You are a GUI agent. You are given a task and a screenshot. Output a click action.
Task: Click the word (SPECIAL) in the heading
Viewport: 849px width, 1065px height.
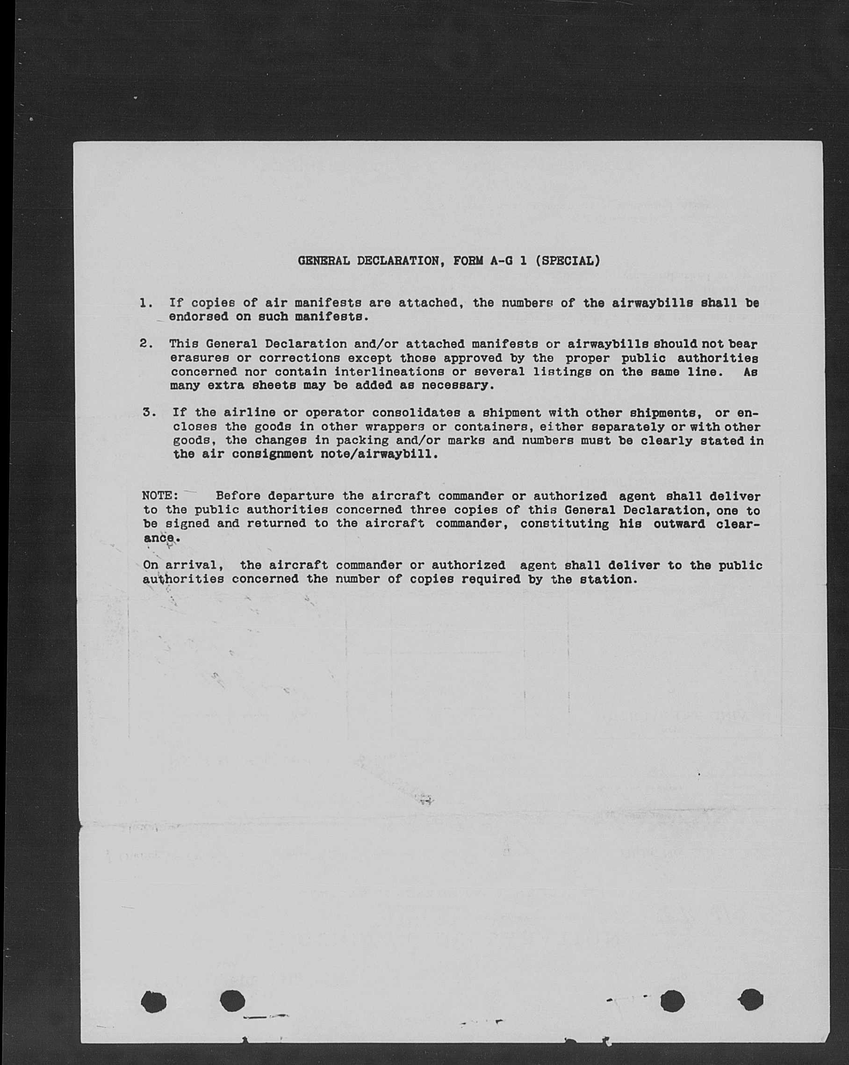(x=568, y=260)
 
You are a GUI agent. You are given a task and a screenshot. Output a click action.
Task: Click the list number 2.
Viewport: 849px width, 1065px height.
(x=146, y=343)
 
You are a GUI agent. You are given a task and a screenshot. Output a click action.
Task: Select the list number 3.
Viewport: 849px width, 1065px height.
(x=150, y=412)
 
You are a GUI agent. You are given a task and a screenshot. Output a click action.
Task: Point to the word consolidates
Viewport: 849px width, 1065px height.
(x=417, y=412)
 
